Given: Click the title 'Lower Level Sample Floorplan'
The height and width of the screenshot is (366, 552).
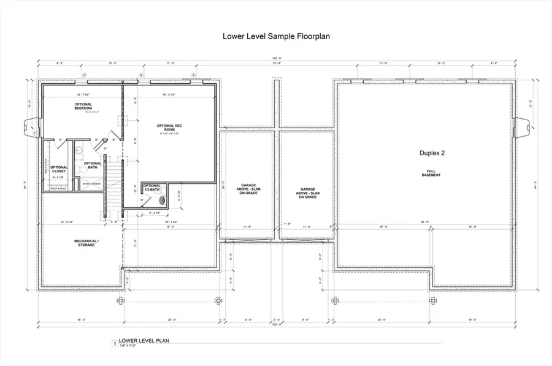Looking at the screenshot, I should [x=275, y=36].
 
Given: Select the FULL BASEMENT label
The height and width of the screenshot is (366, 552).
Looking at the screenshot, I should [x=431, y=173].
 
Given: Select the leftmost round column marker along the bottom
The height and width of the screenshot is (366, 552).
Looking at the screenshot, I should [x=120, y=300].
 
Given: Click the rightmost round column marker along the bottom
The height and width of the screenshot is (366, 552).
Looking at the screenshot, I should [x=433, y=300].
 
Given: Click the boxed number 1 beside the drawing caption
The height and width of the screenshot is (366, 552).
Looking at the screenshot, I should [x=114, y=344].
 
